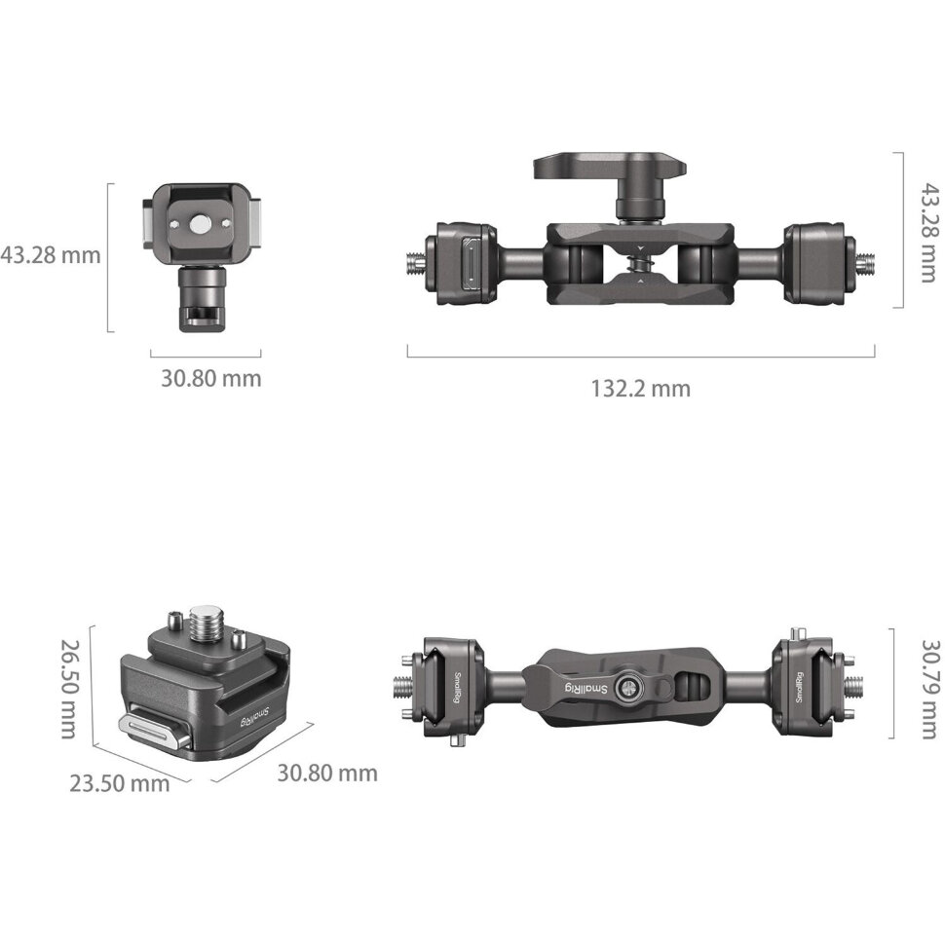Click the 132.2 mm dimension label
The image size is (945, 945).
click(640, 389)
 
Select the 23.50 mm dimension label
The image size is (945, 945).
click(119, 783)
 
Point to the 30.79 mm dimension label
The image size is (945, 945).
click(929, 689)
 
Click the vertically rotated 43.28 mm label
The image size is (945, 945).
click(929, 233)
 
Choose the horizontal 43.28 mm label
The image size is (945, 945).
click(50, 255)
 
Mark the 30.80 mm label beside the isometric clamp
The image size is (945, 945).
click(327, 773)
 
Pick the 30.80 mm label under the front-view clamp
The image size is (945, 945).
click(211, 378)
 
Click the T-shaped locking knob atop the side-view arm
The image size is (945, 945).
click(610, 182)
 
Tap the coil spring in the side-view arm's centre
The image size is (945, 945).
click(641, 264)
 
